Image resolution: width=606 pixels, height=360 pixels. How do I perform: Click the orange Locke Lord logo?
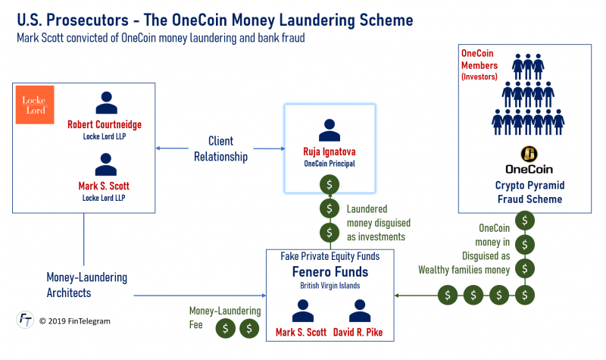tap(36, 105)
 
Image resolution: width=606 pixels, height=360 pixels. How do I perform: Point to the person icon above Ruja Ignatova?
tap(329, 130)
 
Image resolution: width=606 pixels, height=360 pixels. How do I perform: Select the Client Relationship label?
tap(220, 149)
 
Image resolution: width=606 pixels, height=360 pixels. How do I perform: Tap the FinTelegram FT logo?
tap(25, 321)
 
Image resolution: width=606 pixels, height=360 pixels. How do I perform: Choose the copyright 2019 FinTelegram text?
tap(75, 321)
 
